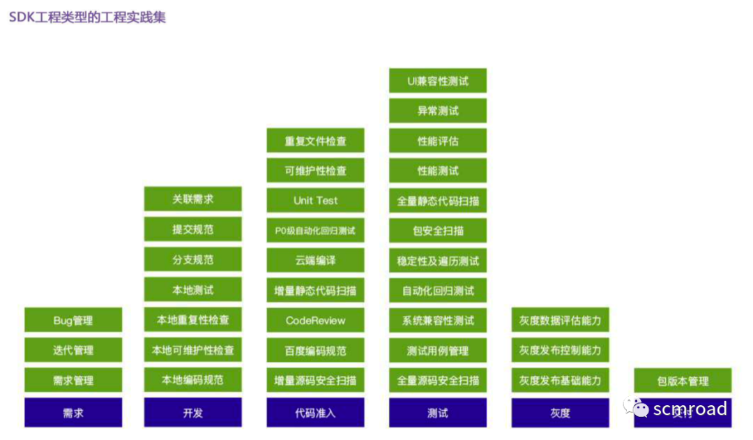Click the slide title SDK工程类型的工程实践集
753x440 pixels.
click(87, 17)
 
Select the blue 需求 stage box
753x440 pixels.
click(73, 412)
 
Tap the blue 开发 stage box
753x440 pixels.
click(193, 412)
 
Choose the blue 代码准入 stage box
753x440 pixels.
click(315, 412)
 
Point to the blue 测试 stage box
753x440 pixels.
click(438, 412)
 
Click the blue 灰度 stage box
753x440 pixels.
click(560, 412)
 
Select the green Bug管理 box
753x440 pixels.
click(73, 320)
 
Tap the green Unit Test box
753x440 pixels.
click(315, 200)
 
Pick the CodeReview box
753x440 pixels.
click(315, 320)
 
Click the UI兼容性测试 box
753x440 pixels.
click(438, 81)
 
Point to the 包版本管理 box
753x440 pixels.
click(683, 381)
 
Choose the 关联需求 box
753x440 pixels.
click(193, 199)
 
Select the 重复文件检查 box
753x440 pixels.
click(315, 141)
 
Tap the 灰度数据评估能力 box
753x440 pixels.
click(560, 320)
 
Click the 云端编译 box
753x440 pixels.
click(315, 260)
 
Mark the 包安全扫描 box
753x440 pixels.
click(438, 231)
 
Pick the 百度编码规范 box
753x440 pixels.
click(315, 350)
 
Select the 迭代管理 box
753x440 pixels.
click(73, 350)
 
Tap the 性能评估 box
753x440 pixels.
click(438, 141)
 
